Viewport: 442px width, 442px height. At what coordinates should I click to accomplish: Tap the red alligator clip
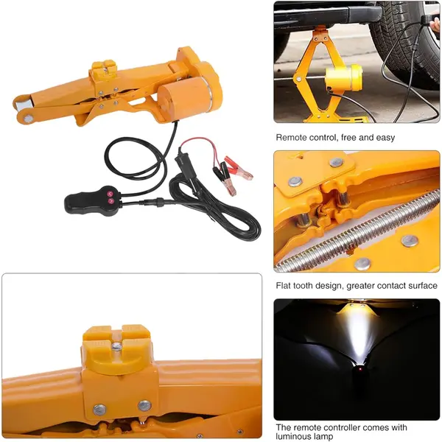pyautogui.click(x=237, y=174)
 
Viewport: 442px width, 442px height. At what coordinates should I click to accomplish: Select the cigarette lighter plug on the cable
pyautogui.click(x=183, y=163)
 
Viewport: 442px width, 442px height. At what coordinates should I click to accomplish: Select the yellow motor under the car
pyautogui.click(x=342, y=78)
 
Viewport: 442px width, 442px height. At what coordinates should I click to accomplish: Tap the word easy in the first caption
pyautogui.click(x=384, y=138)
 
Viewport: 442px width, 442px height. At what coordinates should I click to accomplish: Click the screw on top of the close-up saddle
pyautogui.click(x=118, y=345)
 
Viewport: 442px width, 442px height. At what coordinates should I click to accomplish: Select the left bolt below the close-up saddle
pyautogui.click(x=99, y=408)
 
